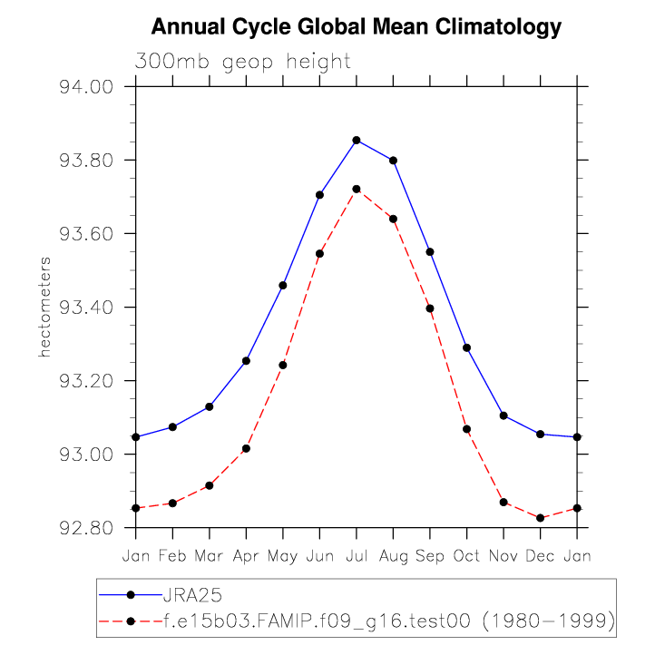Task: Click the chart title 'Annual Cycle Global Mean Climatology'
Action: (357, 27)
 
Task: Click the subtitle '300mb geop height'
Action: (242, 62)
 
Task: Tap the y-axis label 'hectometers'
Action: (44, 307)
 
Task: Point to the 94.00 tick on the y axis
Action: (84, 87)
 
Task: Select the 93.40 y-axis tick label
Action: (84, 308)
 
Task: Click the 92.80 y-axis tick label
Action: (84, 528)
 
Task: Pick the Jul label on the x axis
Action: (357, 555)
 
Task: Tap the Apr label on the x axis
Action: (246, 555)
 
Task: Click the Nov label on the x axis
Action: (503, 555)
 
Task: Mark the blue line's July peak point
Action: (357, 140)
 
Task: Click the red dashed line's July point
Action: (357, 189)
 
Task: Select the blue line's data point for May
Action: (283, 285)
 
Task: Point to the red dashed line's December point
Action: (540, 518)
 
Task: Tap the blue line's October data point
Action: (466, 347)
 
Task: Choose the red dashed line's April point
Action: (246, 448)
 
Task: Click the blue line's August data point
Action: (393, 161)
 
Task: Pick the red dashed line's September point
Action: (430, 308)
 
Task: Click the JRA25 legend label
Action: (192, 595)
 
